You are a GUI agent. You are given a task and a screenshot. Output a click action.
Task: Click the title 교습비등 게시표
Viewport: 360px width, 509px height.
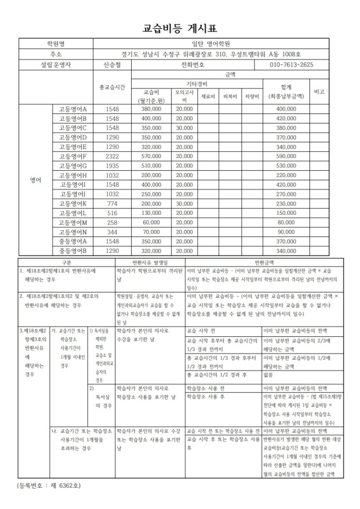[180, 28]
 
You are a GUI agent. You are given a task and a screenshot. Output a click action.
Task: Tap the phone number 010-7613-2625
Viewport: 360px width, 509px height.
[291, 64]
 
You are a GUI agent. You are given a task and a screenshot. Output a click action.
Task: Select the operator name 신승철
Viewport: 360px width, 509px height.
[112, 64]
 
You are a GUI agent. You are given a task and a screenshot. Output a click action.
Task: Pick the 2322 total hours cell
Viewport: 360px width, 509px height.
[112, 156]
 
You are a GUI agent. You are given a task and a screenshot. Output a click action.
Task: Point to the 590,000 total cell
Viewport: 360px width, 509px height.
[286, 156]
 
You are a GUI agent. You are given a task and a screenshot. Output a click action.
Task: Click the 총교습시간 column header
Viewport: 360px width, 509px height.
[112, 87]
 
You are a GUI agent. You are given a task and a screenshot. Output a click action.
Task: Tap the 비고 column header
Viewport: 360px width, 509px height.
[319, 91]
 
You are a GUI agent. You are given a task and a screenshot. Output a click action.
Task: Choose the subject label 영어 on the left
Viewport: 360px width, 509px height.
[35, 180]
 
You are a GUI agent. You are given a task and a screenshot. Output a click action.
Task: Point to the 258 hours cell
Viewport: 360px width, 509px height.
[112, 223]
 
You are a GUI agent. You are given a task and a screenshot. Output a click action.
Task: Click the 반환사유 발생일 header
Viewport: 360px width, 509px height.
[149, 261]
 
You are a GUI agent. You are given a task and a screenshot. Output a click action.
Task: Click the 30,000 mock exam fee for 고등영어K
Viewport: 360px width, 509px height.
[184, 204]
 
